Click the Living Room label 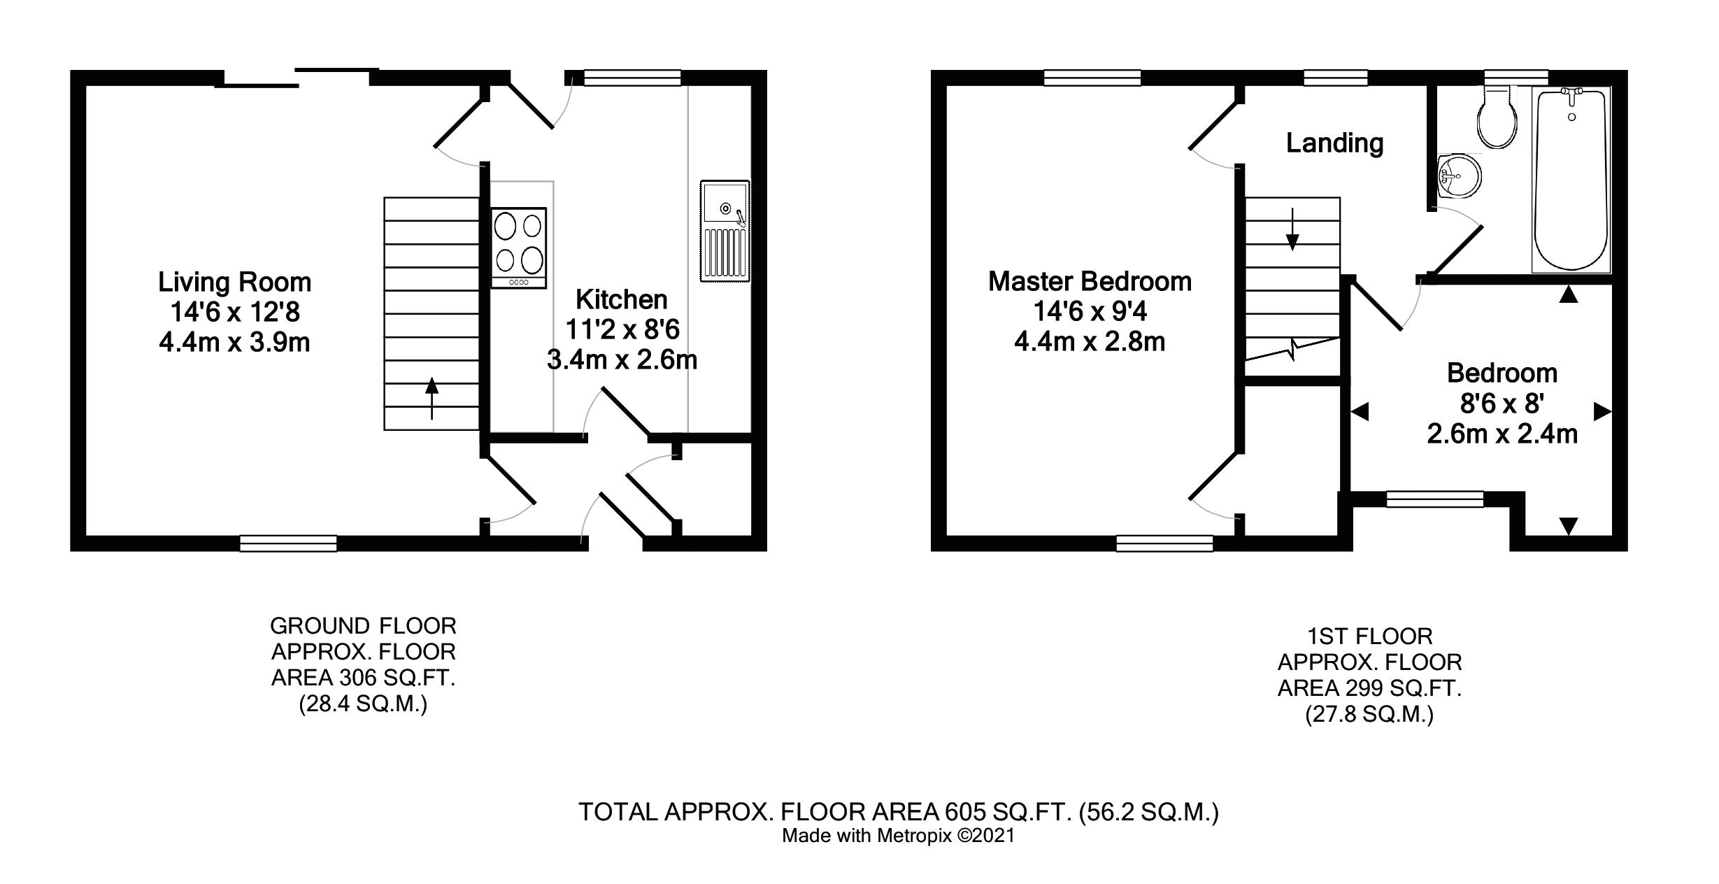(234, 282)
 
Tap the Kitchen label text (621, 299)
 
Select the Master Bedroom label (1090, 281)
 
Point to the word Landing (1334, 143)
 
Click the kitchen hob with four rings (518, 248)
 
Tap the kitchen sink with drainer (725, 231)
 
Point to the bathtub (1571, 179)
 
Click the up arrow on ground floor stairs (432, 398)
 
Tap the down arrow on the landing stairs (1292, 229)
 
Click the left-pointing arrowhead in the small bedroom (1359, 412)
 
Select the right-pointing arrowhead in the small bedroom (1602, 412)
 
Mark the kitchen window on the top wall (632, 78)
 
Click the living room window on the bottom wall (288, 543)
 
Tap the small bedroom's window (1435, 499)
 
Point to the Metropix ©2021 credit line (898, 836)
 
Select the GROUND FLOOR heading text (363, 625)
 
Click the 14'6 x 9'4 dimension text (1090, 311)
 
